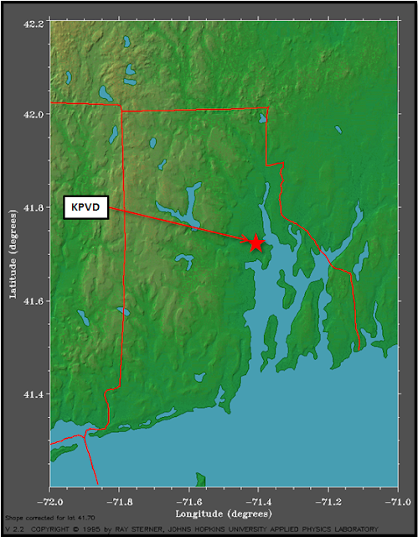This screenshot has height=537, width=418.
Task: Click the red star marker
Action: click(255, 242)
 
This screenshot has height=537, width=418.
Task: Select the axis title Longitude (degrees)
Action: click(223, 512)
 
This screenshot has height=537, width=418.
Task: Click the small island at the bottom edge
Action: click(201, 479)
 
